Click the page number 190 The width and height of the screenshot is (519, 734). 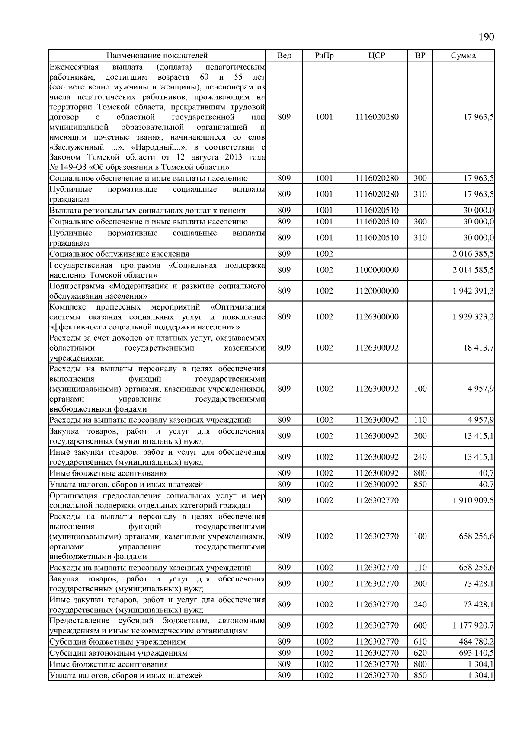(486, 37)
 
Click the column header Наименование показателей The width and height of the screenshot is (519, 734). (157, 55)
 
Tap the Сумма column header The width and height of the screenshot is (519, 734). (463, 55)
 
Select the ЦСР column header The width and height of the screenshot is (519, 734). (377, 55)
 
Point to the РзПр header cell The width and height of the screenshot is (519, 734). (324, 55)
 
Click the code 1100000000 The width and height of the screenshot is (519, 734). (377, 270)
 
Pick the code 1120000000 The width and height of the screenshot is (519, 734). (377, 291)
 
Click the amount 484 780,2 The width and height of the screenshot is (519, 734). (476, 641)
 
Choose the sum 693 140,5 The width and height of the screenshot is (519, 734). (476, 653)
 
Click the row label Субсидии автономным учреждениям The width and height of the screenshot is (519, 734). (118, 653)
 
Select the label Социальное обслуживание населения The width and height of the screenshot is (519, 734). (119, 254)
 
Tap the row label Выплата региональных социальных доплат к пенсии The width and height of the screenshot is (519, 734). (147, 211)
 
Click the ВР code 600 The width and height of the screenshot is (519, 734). (420, 625)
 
